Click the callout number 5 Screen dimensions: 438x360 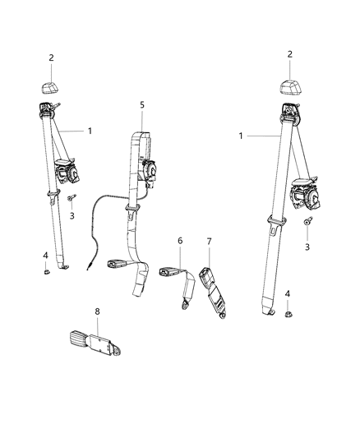coord(141,105)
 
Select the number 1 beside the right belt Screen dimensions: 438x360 coord(240,135)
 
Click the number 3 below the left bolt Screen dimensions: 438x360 coord(72,215)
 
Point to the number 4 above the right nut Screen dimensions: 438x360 coord(287,293)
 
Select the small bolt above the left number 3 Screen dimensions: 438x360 coord(73,198)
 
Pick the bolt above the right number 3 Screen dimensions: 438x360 coord(307,221)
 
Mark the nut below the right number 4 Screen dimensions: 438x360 coord(289,313)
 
